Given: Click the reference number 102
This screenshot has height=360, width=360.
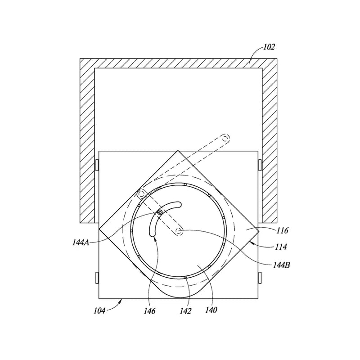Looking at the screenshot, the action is [269, 47].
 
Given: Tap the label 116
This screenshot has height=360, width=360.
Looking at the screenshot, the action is [282, 230].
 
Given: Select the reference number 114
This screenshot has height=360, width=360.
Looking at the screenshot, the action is [281, 247].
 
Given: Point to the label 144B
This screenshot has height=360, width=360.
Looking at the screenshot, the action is [282, 265].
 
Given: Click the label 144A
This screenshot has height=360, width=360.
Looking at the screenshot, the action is [81, 243].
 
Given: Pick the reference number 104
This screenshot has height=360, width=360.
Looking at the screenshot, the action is [99, 311].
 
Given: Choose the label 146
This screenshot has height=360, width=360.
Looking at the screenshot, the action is [149, 311].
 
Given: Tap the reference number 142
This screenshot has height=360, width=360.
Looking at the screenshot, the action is [185, 311].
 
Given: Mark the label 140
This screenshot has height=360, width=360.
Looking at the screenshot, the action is [211, 310].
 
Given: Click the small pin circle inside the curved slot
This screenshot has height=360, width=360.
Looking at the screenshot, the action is [160, 212].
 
